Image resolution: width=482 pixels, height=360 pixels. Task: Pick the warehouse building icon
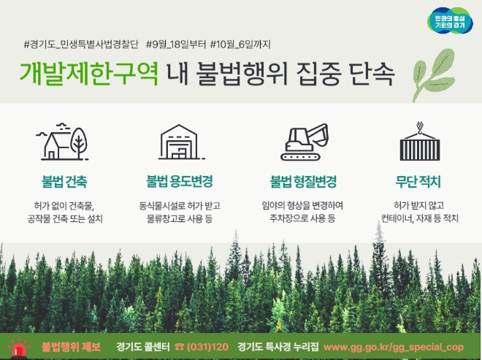pos(180,142)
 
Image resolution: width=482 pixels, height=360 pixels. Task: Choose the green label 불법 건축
pos(64,180)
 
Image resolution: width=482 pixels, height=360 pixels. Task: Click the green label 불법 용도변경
pos(180,180)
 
